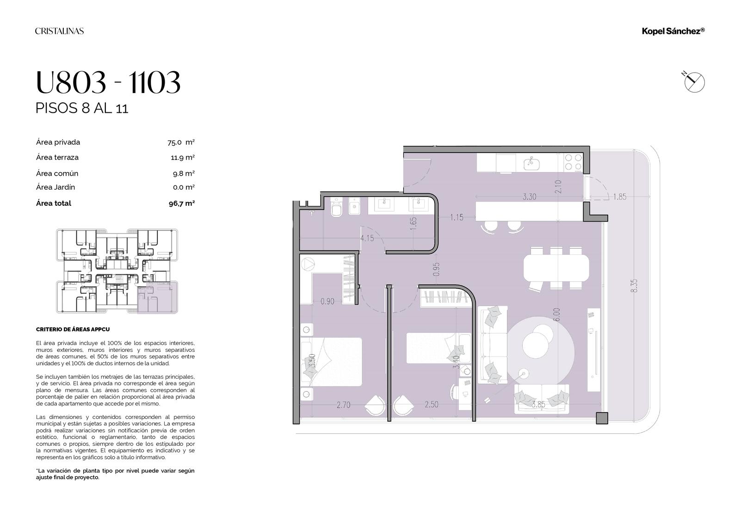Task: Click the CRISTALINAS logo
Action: pos(60,31)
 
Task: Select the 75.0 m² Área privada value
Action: pos(181,142)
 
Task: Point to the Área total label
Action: pos(54,203)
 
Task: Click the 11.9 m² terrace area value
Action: pos(183,158)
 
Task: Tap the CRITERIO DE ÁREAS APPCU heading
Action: pos(73,329)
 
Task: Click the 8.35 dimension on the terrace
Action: pos(634,286)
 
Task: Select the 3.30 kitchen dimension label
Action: pos(529,197)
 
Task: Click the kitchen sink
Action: pos(531,164)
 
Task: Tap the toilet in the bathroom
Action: pos(336,207)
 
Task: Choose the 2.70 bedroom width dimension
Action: pos(344,405)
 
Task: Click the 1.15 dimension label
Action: pos(456,217)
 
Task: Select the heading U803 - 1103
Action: pos(108,82)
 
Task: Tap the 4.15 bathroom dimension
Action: pos(367,238)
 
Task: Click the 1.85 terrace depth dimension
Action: pos(619,197)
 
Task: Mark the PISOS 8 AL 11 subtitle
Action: pos(81,108)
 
